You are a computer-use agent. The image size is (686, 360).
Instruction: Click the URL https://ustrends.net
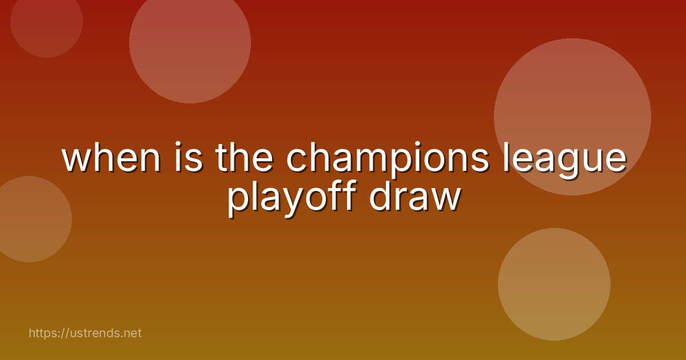[x=85, y=333]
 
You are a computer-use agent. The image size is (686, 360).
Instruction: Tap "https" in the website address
[x=42, y=333]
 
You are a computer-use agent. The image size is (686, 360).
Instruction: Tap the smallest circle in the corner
[x=47, y=22]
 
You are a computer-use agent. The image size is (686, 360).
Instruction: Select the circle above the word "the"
[x=190, y=43]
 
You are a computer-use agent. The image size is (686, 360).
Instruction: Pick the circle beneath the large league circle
[x=554, y=284]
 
